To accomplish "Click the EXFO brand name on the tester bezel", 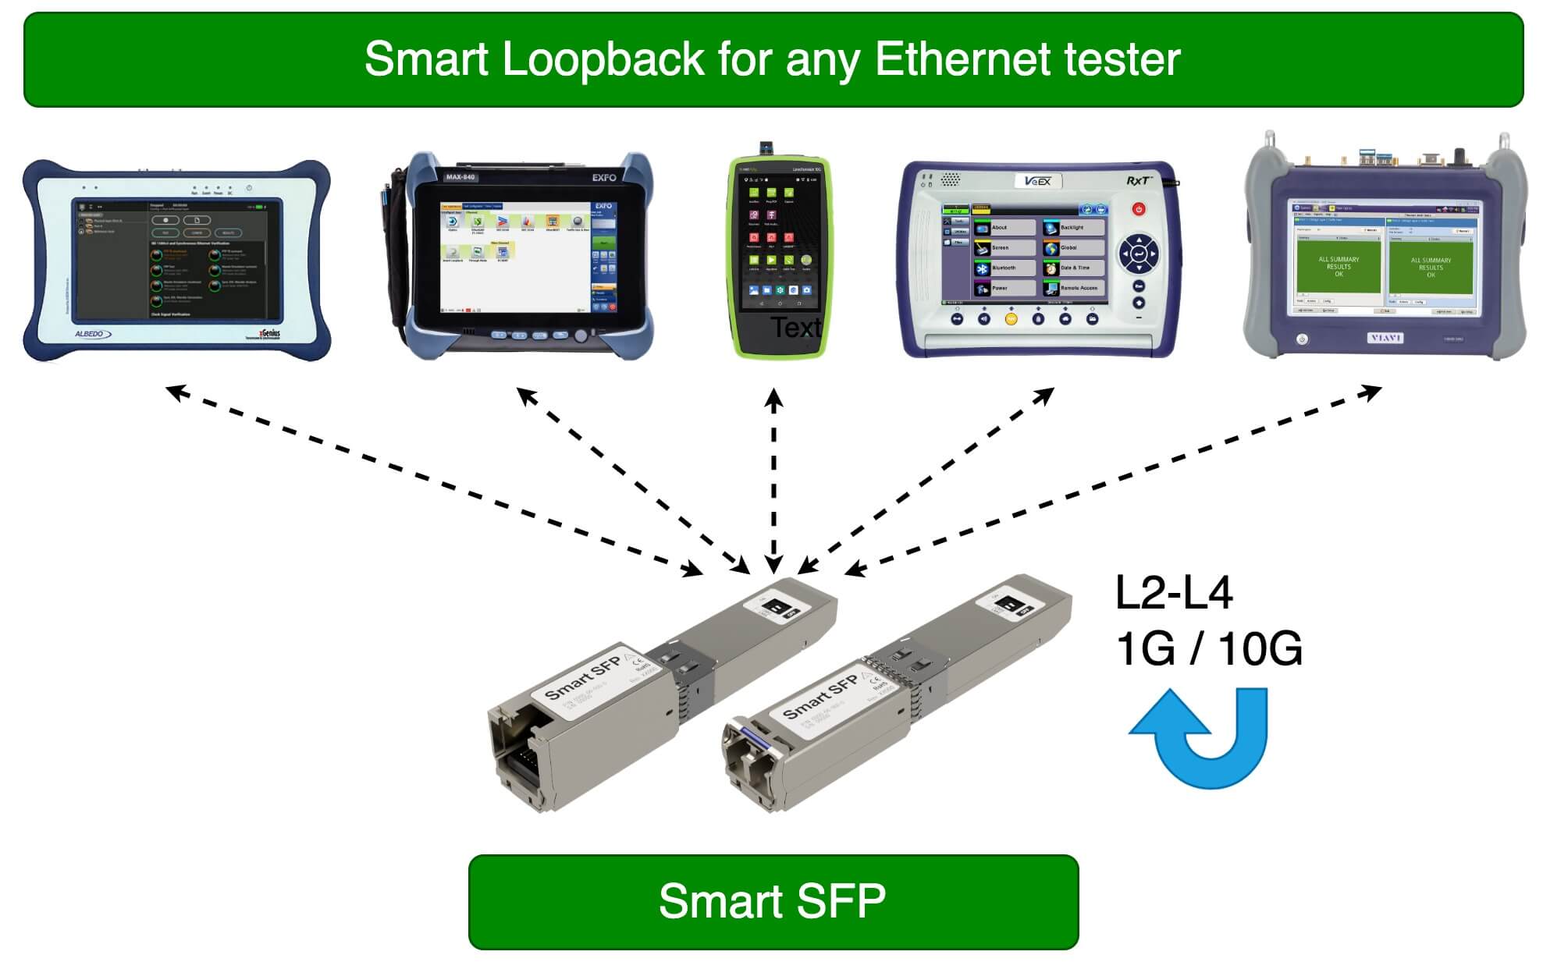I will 603,178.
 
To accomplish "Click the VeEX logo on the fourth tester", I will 1037,182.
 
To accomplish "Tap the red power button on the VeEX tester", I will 1139,209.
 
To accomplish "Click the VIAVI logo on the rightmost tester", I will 1385,338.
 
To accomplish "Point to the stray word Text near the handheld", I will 795,328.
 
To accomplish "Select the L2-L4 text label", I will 1174,593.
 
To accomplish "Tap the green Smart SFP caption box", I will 773,902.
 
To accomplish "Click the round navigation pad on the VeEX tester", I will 1139,254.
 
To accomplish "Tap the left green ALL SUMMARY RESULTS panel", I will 1338,266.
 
